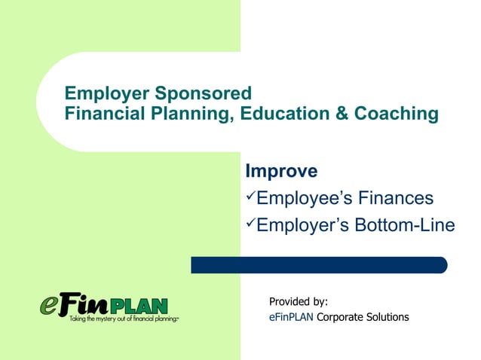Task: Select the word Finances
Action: pyautogui.click(x=397, y=198)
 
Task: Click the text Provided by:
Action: pyautogui.click(x=299, y=302)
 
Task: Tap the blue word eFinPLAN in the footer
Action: pyautogui.click(x=291, y=317)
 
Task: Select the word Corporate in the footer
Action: pyautogui.click(x=342, y=317)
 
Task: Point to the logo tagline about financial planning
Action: pyautogui.click(x=113, y=319)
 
